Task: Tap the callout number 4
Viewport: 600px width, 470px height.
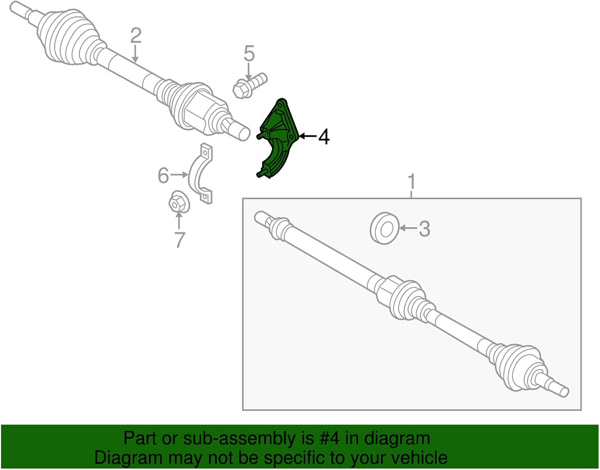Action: click(x=324, y=137)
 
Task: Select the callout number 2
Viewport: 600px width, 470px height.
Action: click(x=136, y=36)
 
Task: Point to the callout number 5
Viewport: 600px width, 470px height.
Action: click(x=249, y=54)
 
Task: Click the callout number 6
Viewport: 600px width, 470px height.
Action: click(x=163, y=175)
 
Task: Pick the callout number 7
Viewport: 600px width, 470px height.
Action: click(x=180, y=240)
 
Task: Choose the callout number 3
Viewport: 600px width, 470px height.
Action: click(x=424, y=229)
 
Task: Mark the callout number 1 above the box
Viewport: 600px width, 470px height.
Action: click(x=412, y=182)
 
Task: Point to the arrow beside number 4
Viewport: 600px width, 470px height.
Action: click(x=307, y=137)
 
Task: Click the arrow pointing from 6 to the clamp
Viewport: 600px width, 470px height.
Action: click(x=179, y=175)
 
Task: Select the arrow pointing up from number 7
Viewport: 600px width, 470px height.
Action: click(x=179, y=221)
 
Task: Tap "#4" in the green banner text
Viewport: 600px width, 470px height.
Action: click(x=330, y=438)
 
